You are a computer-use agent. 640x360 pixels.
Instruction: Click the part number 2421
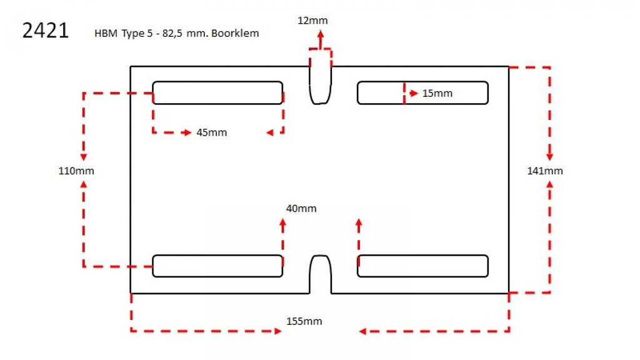pos(45,31)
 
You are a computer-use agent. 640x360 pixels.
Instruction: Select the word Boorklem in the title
pos(235,33)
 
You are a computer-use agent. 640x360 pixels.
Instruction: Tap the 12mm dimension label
pos(312,21)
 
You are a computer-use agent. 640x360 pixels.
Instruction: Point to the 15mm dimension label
pos(437,93)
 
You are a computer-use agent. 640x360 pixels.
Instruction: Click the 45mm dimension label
pos(211,132)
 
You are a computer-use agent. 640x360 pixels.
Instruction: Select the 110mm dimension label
pos(76,171)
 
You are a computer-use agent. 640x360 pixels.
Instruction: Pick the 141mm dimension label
pos(545,171)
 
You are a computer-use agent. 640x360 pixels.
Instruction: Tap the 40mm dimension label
pos(301,208)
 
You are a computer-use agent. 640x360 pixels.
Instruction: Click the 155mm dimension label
pos(304,321)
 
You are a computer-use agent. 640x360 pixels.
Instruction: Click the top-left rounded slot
pos(217,92)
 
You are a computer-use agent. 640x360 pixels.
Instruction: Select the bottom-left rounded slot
pos(217,266)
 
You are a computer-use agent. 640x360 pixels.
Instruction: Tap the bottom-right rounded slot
pos(423,266)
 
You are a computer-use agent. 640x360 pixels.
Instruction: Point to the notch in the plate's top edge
pos(321,85)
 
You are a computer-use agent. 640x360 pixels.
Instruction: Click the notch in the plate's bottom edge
pos(321,274)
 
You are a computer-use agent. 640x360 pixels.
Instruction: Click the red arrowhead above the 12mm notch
pos(321,35)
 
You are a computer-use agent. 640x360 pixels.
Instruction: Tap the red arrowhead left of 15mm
pos(414,93)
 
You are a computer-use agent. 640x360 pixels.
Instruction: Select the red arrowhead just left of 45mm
pos(187,132)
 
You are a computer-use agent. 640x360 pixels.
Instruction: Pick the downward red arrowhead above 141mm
pos(550,157)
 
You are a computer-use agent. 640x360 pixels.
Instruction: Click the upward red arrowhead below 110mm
pos(84,184)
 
